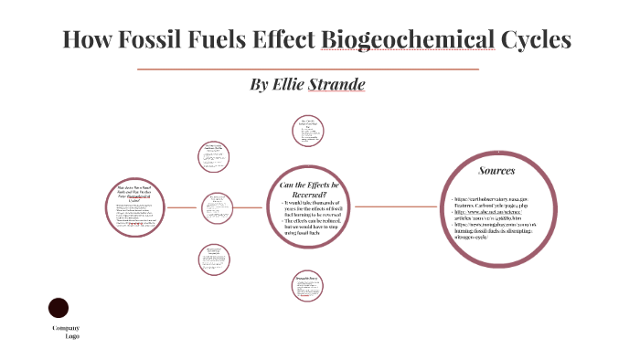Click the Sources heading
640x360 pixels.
click(x=496, y=171)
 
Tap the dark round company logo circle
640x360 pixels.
click(x=59, y=308)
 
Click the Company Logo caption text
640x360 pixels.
click(x=65, y=332)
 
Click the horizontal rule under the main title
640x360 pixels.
click(x=307, y=69)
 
